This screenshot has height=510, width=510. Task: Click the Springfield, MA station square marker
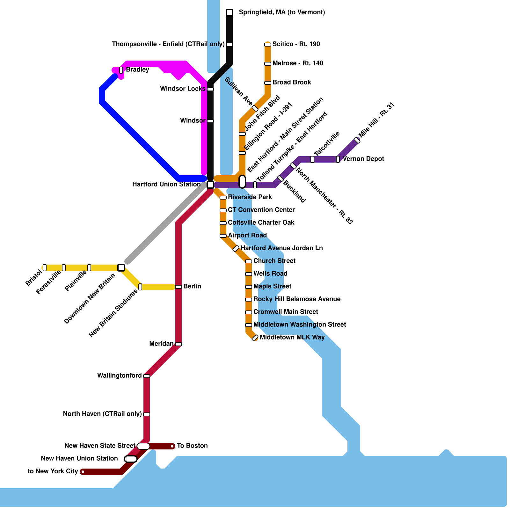pyautogui.click(x=229, y=13)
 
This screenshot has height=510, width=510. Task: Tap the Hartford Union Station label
pyautogui.click(x=166, y=185)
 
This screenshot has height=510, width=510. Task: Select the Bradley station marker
pyautogui.click(x=121, y=70)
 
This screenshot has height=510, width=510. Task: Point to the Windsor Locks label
pyautogui.click(x=183, y=89)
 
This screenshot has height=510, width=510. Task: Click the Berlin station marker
pyautogui.click(x=178, y=287)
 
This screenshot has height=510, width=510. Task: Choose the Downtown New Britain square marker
pyautogui.click(x=121, y=268)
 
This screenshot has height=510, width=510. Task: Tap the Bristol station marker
pyautogui.click(x=45, y=268)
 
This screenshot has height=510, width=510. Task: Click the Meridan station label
pyautogui.click(x=161, y=344)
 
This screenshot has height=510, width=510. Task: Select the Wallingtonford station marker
pyautogui.click(x=147, y=376)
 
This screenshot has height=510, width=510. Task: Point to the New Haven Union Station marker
pyautogui.click(x=131, y=459)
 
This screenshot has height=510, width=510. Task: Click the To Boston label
pyautogui.click(x=192, y=446)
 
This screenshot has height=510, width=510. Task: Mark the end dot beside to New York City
pyautogui.click(x=83, y=472)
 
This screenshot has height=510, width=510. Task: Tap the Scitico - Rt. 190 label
pyautogui.click(x=296, y=44)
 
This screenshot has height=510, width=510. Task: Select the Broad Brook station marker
pyautogui.click(x=268, y=83)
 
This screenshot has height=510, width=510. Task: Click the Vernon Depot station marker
pyautogui.click(x=338, y=159)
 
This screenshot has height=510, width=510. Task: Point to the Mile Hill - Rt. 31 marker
pyautogui.click(x=357, y=140)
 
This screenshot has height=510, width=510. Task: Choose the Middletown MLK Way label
pyautogui.click(x=292, y=338)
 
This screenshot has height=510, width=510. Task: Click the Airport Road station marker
pyautogui.click(x=223, y=236)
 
